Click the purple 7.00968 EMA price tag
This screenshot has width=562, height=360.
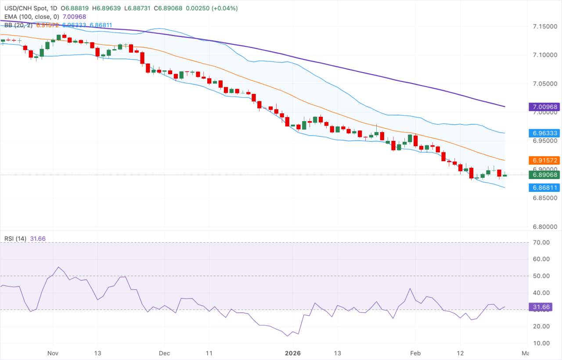pyautogui.click(x=544, y=107)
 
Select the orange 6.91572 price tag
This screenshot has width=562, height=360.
pyautogui.click(x=544, y=160)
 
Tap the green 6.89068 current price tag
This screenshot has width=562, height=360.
pyautogui.click(x=544, y=175)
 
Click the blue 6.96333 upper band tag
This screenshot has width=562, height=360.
pyautogui.click(x=544, y=133)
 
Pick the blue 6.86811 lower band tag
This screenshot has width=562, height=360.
pyautogui.click(x=544, y=187)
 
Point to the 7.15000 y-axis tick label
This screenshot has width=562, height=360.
pyautogui.click(x=544, y=27)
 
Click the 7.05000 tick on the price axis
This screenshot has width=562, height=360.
pyautogui.click(x=544, y=83)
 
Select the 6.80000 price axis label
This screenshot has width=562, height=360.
pyautogui.click(x=544, y=227)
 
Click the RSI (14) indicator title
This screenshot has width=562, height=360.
pyautogui.click(x=15, y=238)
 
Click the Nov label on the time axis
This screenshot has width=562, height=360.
pyautogui.click(x=53, y=353)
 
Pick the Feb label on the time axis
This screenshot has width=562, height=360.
pyautogui.click(x=415, y=353)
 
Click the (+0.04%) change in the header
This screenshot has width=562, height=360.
pyautogui.click(x=225, y=8)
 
